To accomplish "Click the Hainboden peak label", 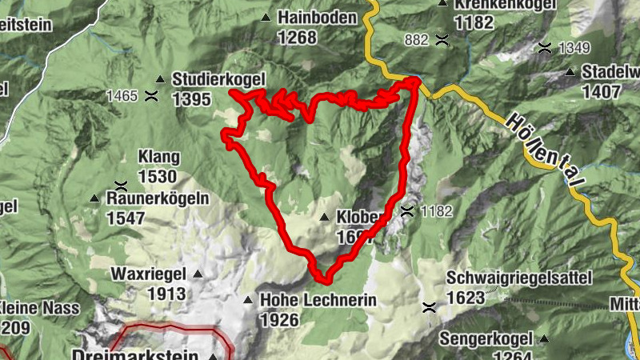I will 318,17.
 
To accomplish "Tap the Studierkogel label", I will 217,80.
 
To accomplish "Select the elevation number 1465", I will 122,96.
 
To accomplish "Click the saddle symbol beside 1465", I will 151,96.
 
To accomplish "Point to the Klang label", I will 159,157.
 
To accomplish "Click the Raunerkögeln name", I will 159,198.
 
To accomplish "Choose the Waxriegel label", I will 148,274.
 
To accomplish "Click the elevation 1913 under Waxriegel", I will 166,294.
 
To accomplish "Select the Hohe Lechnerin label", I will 318,301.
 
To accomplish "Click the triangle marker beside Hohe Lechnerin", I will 249,301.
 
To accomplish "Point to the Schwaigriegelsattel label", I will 519,278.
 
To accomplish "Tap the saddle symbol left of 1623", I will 430,306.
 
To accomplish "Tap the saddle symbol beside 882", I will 441,39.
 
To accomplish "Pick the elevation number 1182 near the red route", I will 436,211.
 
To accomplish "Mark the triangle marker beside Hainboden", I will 266,17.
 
